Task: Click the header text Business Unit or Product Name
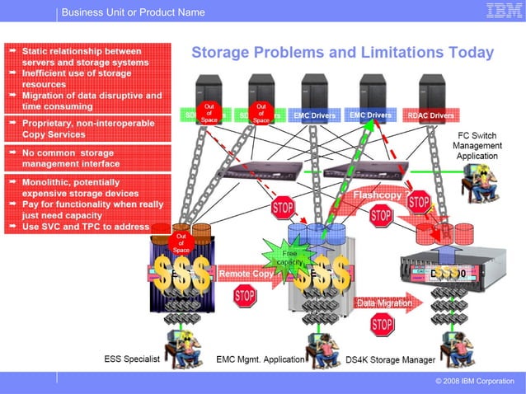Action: pyautogui.click(x=133, y=12)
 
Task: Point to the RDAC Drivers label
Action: pyautogui.click(x=430, y=116)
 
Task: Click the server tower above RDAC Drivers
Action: pyautogui.click(x=432, y=91)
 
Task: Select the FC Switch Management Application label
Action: pyautogui.click(x=477, y=146)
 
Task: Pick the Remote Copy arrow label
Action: pyautogui.click(x=246, y=273)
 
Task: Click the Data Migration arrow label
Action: pyautogui.click(x=384, y=303)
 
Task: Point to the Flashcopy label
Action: pyautogui.click(x=377, y=196)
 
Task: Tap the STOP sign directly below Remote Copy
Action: pyautogui.click(x=245, y=296)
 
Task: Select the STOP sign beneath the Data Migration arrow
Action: pyautogui.click(x=382, y=325)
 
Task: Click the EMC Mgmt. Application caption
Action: pyautogui.click(x=261, y=359)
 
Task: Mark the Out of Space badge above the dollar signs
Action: pyautogui.click(x=181, y=242)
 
